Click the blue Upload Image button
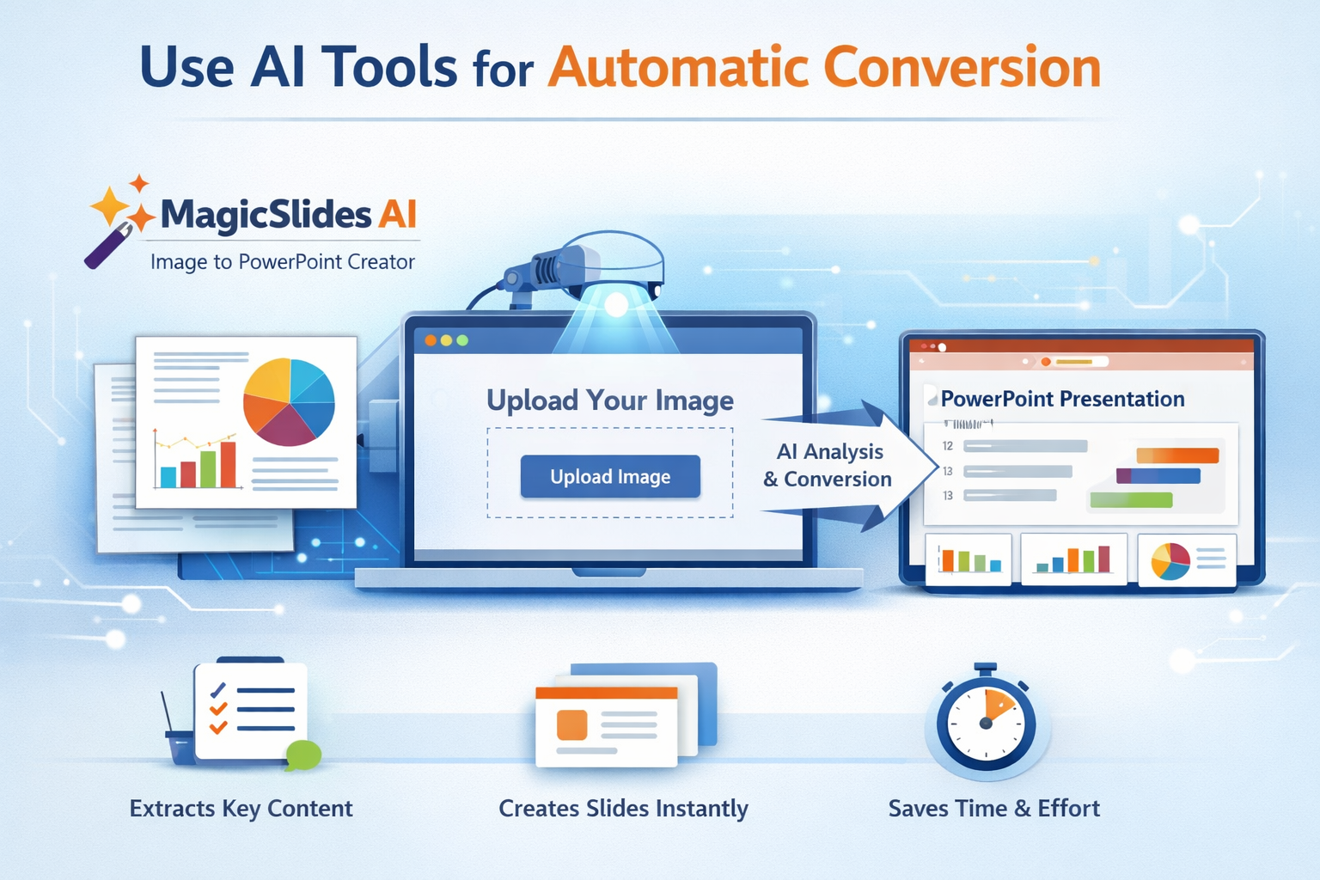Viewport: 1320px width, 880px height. pos(610,476)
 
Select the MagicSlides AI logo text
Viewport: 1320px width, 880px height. pos(289,213)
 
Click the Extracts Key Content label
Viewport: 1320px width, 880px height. pos(241,808)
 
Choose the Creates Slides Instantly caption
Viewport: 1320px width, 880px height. pos(623,808)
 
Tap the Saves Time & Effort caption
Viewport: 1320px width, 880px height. pos(994,808)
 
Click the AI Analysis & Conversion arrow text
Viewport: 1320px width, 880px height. pos(828,465)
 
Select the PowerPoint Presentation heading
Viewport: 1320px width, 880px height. pos(1062,399)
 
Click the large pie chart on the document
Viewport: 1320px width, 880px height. pos(289,402)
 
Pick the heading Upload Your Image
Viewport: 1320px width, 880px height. pos(610,400)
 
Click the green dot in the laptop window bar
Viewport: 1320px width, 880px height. pos(462,340)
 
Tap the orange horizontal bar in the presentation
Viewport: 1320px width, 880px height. pos(1177,455)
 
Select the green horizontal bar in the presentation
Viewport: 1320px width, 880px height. pos(1132,500)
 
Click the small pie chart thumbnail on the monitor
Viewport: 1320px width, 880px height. pos(1170,562)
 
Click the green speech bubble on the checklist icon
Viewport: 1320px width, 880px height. pos(303,755)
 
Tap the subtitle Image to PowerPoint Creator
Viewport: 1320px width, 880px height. pos(283,262)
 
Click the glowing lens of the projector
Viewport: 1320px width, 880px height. pos(616,305)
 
